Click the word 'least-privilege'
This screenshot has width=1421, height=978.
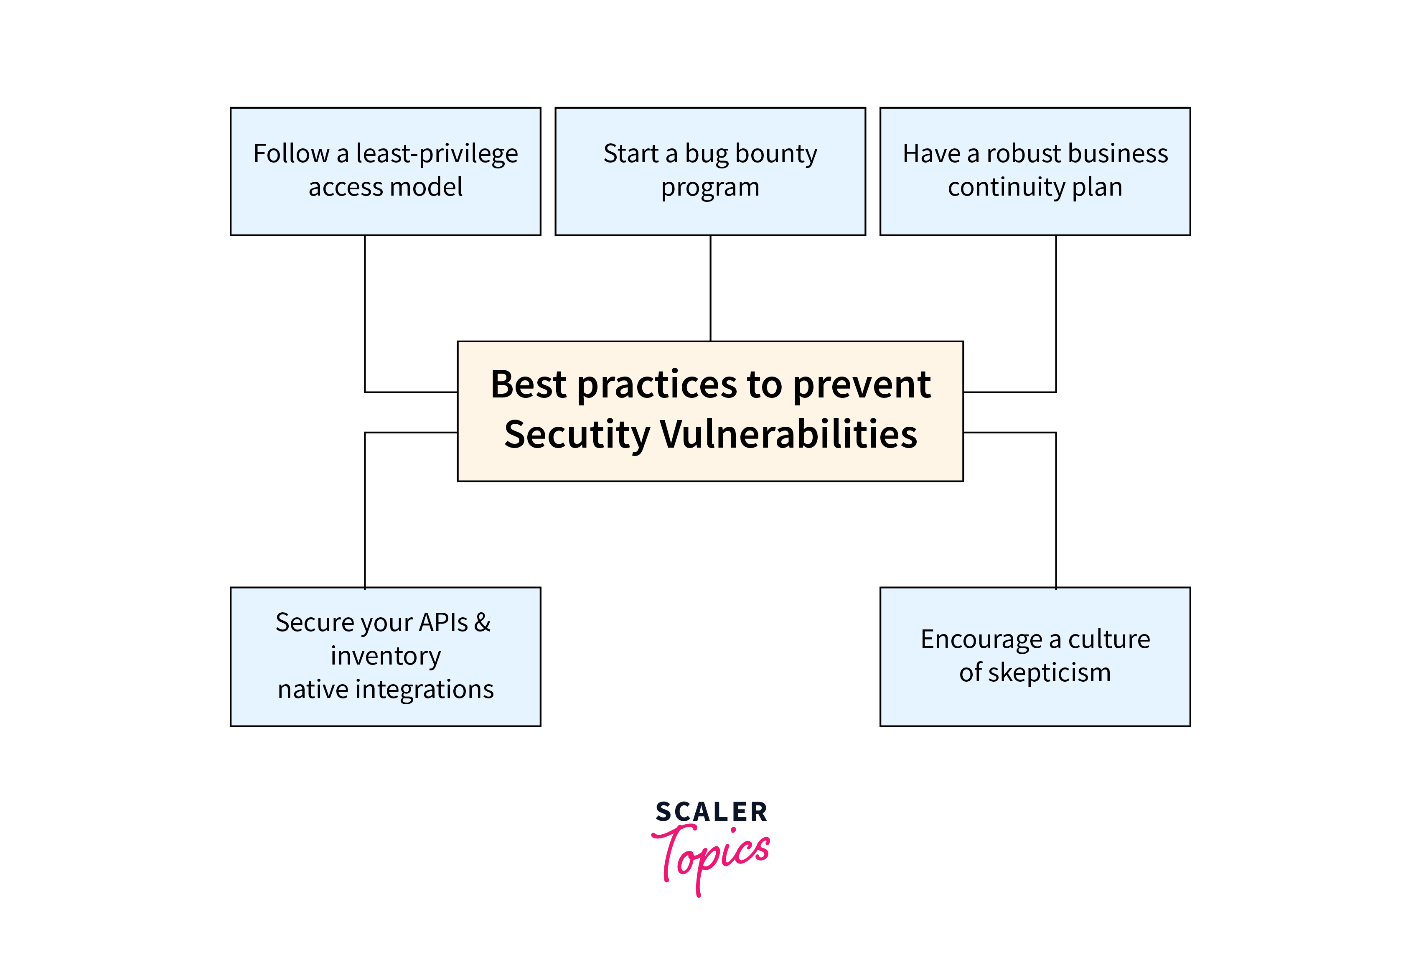(x=437, y=154)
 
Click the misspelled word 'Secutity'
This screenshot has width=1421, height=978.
(x=577, y=435)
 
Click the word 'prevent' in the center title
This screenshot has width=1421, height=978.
(x=862, y=385)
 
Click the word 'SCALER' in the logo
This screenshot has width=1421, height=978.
(x=711, y=812)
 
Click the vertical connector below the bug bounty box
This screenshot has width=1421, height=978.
(x=710, y=288)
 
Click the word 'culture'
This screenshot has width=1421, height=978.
(x=1109, y=639)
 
